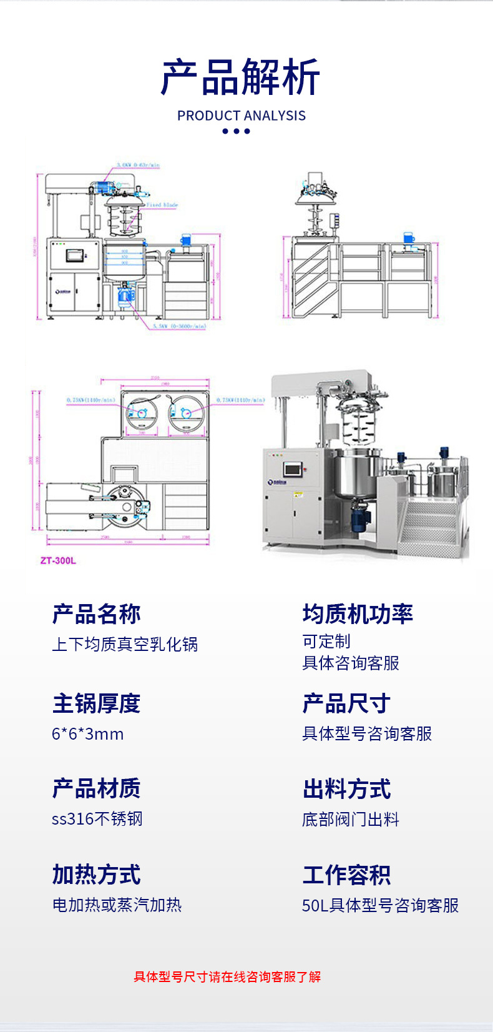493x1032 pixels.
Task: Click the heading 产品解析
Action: tap(241, 77)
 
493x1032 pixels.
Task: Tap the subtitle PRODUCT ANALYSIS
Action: tap(242, 116)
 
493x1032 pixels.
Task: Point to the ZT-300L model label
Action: tap(58, 560)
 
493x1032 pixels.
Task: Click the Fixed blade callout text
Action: tap(162, 205)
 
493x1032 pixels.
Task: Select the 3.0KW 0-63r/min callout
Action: tap(137, 166)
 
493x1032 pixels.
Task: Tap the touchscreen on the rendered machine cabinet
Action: tap(292, 469)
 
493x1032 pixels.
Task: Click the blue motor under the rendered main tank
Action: tap(360, 518)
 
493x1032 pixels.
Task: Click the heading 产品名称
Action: tap(97, 614)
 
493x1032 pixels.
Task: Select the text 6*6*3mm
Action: tap(88, 734)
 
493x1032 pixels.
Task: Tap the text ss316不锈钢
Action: tap(97, 819)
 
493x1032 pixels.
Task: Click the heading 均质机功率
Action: tap(358, 614)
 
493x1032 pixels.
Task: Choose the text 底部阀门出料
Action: tap(351, 820)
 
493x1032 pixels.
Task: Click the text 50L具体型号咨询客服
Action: tap(381, 905)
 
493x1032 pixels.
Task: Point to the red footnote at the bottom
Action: tap(227, 977)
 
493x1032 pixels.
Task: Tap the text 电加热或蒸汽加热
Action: tap(117, 905)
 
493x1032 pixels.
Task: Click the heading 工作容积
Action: tap(347, 875)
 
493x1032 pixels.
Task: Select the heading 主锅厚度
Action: tap(97, 703)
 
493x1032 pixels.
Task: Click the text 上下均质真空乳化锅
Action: tap(125, 644)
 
